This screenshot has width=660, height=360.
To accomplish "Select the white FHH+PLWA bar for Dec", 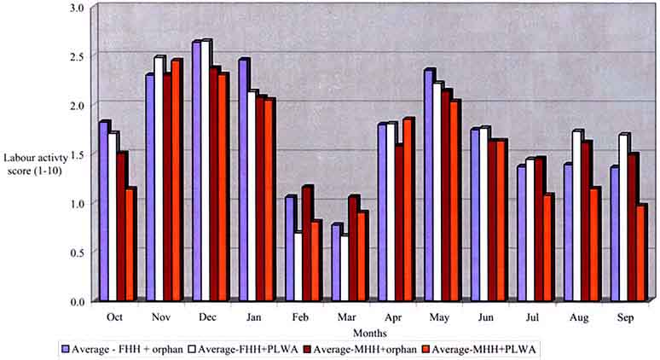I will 206,171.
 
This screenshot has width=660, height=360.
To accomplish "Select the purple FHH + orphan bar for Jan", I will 243,180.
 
